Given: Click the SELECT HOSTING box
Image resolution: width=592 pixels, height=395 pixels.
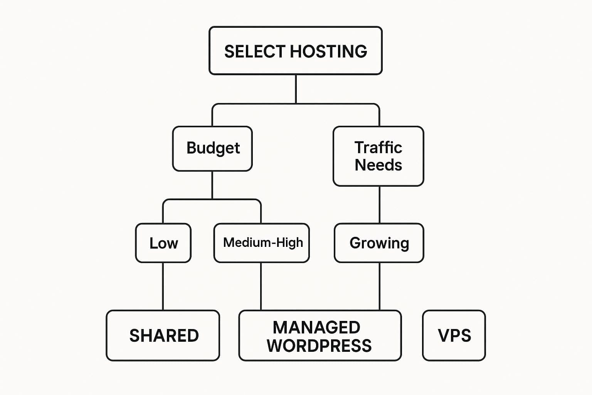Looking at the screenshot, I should pyautogui.click(x=295, y=51).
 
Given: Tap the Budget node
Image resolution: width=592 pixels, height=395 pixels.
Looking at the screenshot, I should pyautogui.click(x=212, y=149).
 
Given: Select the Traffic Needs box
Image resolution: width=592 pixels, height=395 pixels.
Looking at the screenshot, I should pyautogui.click(x=378, y=156).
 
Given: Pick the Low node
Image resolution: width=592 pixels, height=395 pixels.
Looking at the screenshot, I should pyautogui.click(x=163, y=243).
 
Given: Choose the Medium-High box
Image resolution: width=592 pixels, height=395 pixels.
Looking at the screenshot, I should pyautogui.click(x=262, y=243).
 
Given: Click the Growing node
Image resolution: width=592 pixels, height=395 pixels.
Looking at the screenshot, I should pyautogui.click(x=379, y=243).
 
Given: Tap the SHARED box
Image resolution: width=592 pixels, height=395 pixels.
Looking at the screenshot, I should pyautogui.click(x=163, y=336).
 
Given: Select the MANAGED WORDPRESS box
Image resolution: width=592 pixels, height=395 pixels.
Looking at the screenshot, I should pyautogui.click(x=320, y=336).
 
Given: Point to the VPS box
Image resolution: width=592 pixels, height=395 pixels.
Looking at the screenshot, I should pyautogui.click(x=454, y=336).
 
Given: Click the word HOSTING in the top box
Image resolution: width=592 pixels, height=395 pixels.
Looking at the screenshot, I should pyautogui.click(x=328, y=51).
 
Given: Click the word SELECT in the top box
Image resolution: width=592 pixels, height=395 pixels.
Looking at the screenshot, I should pyautogui.click(x=255, y=51).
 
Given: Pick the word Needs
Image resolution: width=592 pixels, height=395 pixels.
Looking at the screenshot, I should pyautogui.click(x=378, y=165).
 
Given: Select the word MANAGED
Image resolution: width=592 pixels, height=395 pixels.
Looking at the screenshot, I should pyautogui.click(x=316, y=327).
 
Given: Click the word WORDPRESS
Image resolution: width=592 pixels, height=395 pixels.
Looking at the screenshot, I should pyautogui.click(x=319, y=346).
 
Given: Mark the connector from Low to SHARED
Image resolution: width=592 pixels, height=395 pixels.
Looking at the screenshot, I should pyautogui.click(x=163, y=286).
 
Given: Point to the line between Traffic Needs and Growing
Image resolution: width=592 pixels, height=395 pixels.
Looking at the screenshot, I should pyautogui.click(x=379, y=204).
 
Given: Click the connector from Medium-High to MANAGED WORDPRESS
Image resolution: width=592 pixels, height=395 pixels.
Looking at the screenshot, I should pyautogui.click(x=261, y=286).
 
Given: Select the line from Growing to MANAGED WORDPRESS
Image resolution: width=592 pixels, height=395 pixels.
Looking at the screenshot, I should pyautogui.click(x=379, y=286).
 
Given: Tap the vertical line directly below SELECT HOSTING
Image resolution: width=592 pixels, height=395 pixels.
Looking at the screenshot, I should pyautogui.click(x=296, y=89).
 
